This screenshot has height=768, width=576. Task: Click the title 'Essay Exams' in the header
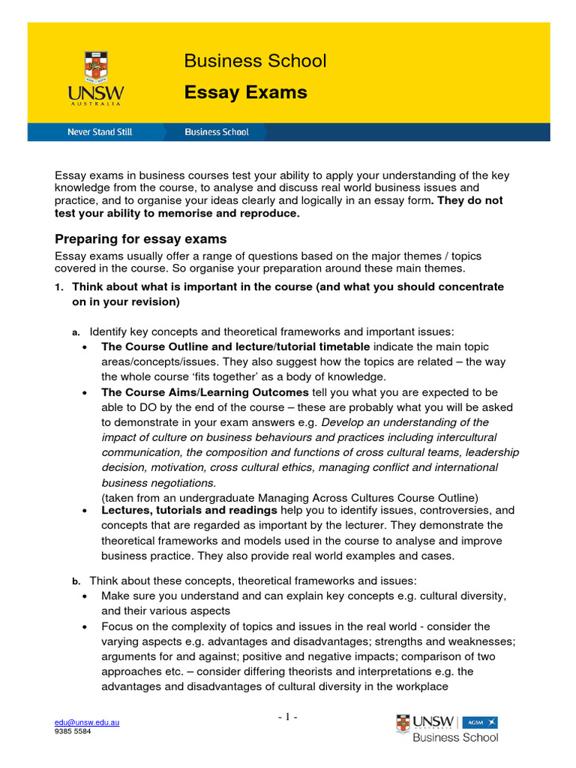(x=245, y=92)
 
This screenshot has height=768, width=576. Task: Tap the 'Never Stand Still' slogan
(x=99, y=132)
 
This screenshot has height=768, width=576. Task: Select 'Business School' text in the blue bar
(x=217, y=132)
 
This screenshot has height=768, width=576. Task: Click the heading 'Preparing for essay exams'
(x=141, y=239)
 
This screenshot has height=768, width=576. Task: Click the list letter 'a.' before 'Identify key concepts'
(x=75, y=331)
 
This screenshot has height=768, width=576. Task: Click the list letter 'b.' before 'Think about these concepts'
(x=75, y=580)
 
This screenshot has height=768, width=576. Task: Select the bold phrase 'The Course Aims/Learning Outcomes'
(x=205, y=392)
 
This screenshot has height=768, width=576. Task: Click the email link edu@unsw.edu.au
(x=87, y=722)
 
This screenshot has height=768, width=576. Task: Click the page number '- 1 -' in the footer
(x=287, y=718)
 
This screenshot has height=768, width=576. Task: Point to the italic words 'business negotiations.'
(x=158, y=483)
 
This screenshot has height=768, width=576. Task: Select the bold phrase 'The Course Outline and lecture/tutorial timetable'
(x=235, y=346)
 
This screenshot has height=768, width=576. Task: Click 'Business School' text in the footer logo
(x=455, y=737)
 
